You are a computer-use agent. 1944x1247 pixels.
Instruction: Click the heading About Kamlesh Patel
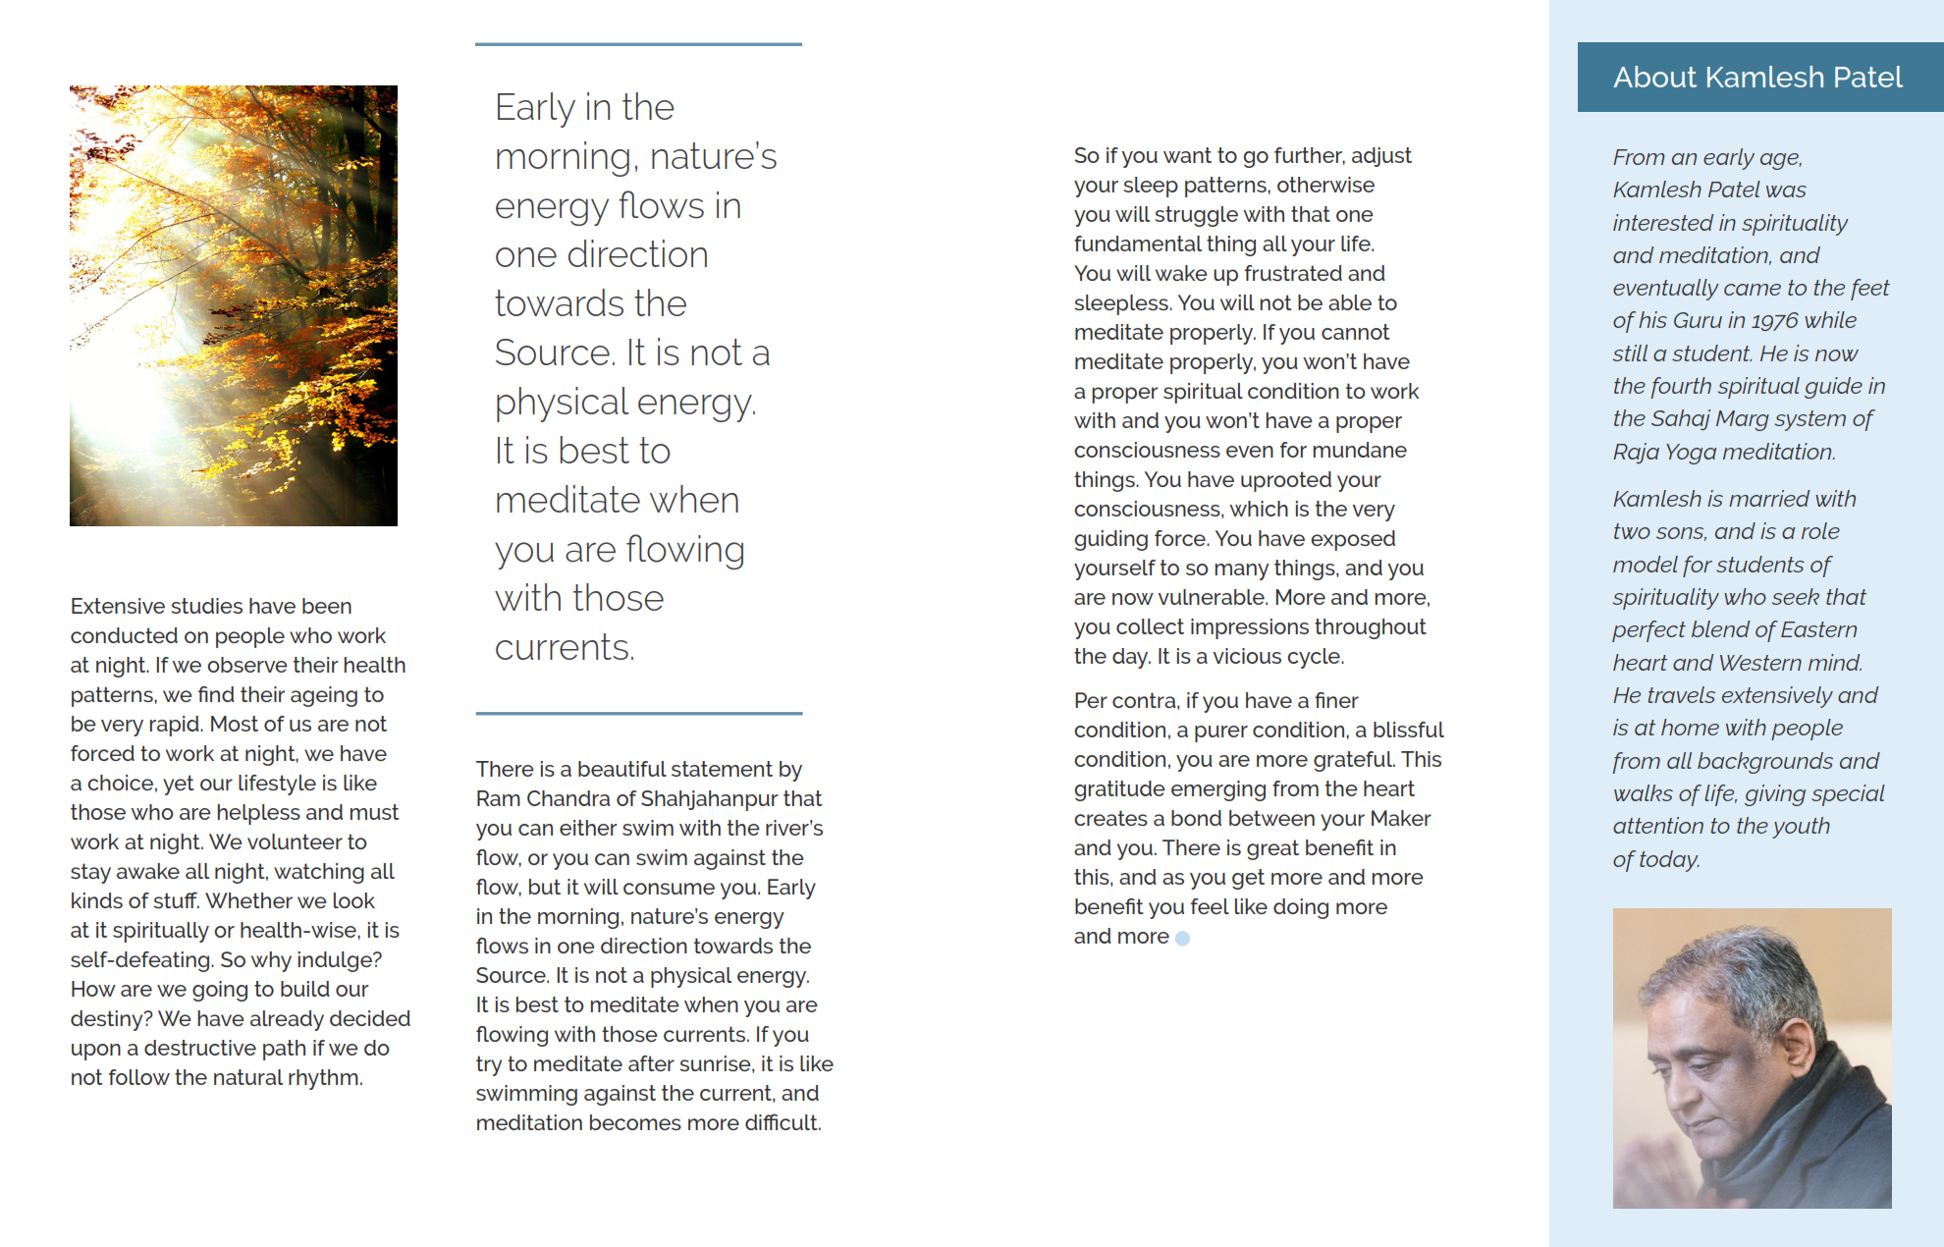[x=1757, y=78]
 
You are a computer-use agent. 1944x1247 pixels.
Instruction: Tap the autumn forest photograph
[x=234, y=305]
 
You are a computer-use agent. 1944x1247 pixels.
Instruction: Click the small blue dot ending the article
[x=1183, y=939]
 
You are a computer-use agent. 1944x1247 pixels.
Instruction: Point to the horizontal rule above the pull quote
[x=638, y=44]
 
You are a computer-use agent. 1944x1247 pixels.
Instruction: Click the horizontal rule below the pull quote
[x=638, y=714]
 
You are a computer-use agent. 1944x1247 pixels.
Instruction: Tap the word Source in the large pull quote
[x=553, y=353]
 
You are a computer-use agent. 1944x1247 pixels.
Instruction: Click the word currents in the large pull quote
[x=564, y=648]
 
